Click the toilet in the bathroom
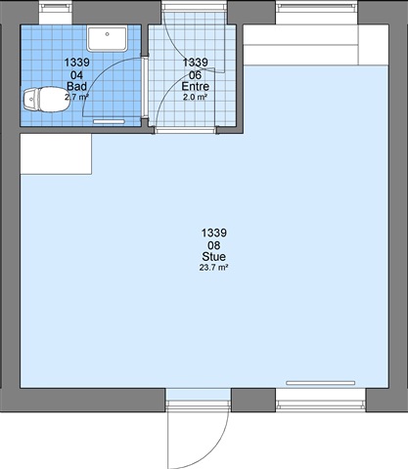(45, 100)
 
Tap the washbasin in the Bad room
(107, 39)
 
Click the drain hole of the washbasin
(107, 34)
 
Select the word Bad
(76, 86)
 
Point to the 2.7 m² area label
(76, 97)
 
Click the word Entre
(195, 86)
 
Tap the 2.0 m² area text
(195, 97)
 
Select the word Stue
(213, 257)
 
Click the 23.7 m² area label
(213, 268)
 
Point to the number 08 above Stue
(213, 245)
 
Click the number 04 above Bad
(76, 75)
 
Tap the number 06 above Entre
(195, 75)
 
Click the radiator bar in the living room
(320, 383)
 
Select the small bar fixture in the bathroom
(109, 121)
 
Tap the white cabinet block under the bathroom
(56, 154)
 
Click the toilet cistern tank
(29, 100)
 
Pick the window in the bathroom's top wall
(56, 12)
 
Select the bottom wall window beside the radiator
(321, 400)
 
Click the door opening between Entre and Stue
(186, 131)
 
